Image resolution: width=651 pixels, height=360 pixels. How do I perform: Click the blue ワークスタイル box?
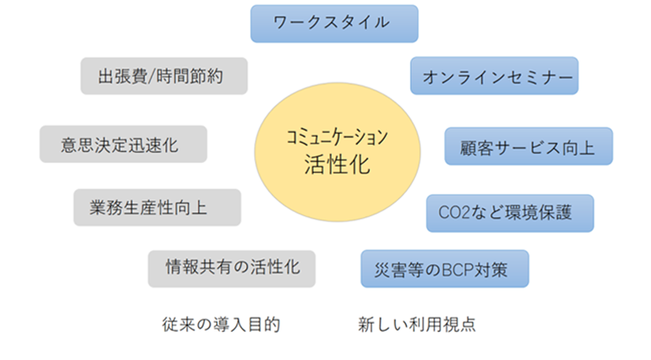(335, 23)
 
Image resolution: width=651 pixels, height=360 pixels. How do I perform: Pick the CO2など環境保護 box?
(510, 213)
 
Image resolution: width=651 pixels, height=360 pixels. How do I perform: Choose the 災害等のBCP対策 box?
(444, 269)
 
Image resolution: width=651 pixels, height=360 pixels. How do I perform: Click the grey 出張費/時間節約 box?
(164, 76)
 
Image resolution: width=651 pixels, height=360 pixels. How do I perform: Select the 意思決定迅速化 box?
(123, 144)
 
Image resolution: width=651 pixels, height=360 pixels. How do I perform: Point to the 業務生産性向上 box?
(157, 207)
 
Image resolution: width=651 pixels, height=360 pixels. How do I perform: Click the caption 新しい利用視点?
(417, 325)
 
